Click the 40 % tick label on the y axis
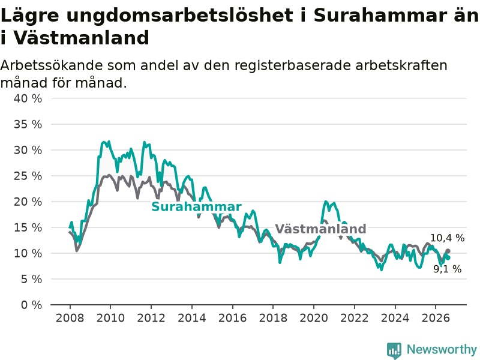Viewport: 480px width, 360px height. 28,98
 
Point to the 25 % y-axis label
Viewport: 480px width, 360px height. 28,176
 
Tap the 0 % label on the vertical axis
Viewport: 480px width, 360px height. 32,305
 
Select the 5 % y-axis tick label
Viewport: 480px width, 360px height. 32,279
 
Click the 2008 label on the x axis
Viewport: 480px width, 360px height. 70,318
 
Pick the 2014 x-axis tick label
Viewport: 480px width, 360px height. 192,318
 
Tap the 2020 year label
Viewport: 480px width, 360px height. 314,318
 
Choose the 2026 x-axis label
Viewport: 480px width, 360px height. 436,318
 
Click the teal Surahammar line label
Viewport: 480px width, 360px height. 197,206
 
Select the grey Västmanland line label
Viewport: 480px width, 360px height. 320,229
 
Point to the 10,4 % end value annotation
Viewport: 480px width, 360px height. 447,238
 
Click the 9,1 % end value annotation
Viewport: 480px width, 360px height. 447,269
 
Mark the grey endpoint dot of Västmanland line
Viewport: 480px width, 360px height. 448,251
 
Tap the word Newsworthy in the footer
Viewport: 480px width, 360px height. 442,349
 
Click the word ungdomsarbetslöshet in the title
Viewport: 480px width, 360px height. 179,16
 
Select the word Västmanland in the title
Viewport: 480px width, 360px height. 82,38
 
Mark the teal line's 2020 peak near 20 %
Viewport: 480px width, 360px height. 325,202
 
